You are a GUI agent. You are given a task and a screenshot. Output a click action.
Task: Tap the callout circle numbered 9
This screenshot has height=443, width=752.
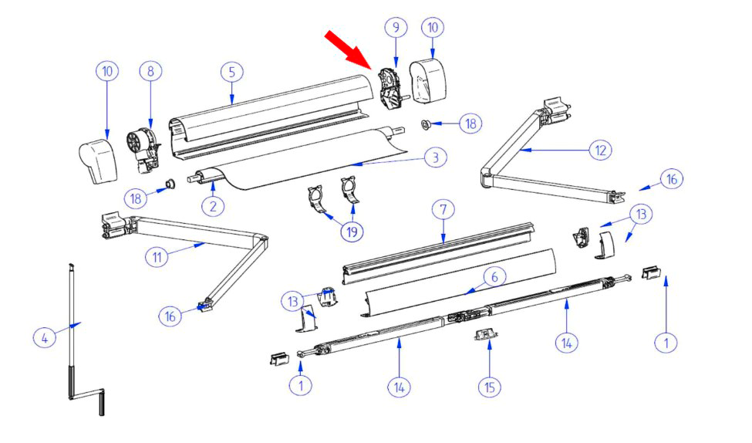point(396,27)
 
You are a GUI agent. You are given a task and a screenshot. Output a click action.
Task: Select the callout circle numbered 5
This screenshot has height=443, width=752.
point(232,72)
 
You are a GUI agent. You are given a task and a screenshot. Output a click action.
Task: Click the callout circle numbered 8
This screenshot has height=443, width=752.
point(150,72)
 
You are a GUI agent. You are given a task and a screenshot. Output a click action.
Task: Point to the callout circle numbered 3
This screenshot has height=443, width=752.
point(436,157)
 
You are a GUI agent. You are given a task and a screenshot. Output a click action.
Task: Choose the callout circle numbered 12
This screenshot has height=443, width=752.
point(601,150)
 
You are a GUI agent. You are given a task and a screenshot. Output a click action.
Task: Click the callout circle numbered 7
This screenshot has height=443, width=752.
point(443,210)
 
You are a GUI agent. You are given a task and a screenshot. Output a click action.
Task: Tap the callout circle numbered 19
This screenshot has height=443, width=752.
point(352,232)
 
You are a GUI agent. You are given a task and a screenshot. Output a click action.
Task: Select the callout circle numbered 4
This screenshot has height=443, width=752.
point(45,338)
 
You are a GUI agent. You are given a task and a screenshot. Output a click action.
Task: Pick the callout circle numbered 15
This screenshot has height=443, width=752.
point(490,387)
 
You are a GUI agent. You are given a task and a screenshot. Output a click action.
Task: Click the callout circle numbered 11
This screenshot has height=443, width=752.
point(157,257)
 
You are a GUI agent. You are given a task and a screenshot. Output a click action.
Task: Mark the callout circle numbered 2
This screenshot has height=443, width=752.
point(213,206)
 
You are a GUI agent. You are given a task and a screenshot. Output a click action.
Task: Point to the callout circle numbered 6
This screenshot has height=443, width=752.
point(494,277)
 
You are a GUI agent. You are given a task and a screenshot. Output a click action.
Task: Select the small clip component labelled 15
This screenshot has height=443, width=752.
point(486,333)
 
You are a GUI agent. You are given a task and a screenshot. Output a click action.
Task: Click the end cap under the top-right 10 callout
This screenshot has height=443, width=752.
point(428,80)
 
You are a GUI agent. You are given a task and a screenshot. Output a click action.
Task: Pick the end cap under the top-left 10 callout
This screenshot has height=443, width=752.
point(98,161)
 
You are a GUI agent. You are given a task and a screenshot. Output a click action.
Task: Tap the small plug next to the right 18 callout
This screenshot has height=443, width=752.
point(425,125)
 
